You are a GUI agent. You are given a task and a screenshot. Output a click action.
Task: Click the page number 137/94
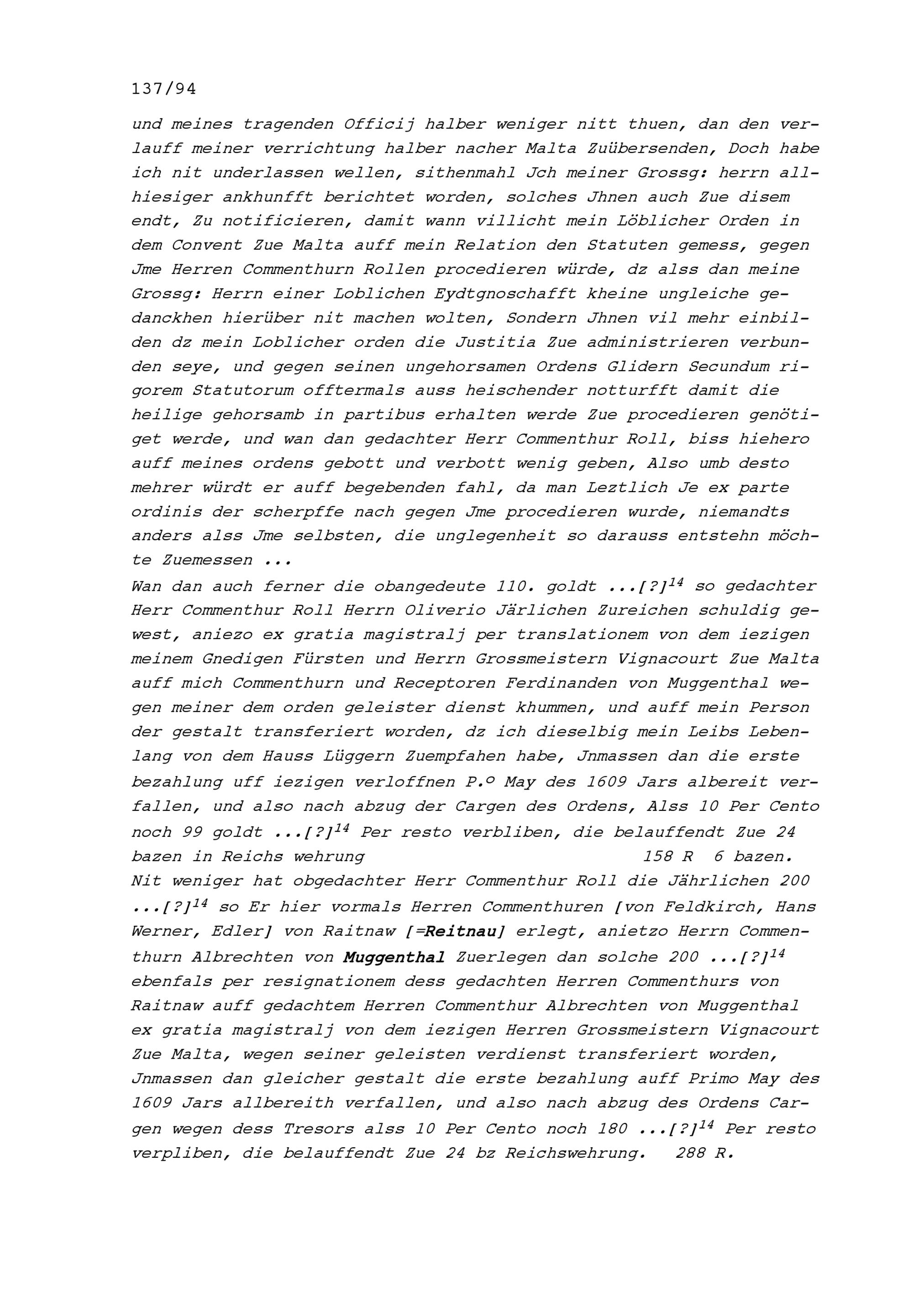tap(164, 89)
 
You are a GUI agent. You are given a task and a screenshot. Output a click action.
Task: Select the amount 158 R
tap(667, 856)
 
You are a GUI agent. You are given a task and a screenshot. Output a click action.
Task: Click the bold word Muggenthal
tap(394, 956)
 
